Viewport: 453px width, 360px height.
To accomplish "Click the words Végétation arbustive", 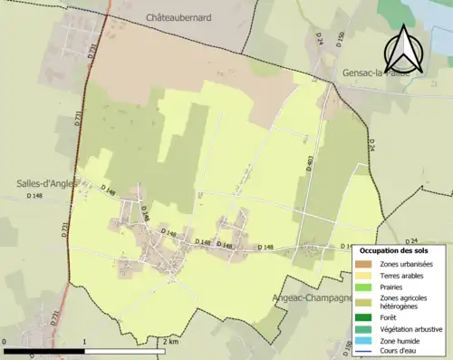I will point(410,328).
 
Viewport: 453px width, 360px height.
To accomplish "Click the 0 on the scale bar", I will point(5,342).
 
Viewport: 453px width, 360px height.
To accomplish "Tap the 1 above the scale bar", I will point(84,342).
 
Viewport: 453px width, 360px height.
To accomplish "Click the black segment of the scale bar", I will point(44,350).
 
